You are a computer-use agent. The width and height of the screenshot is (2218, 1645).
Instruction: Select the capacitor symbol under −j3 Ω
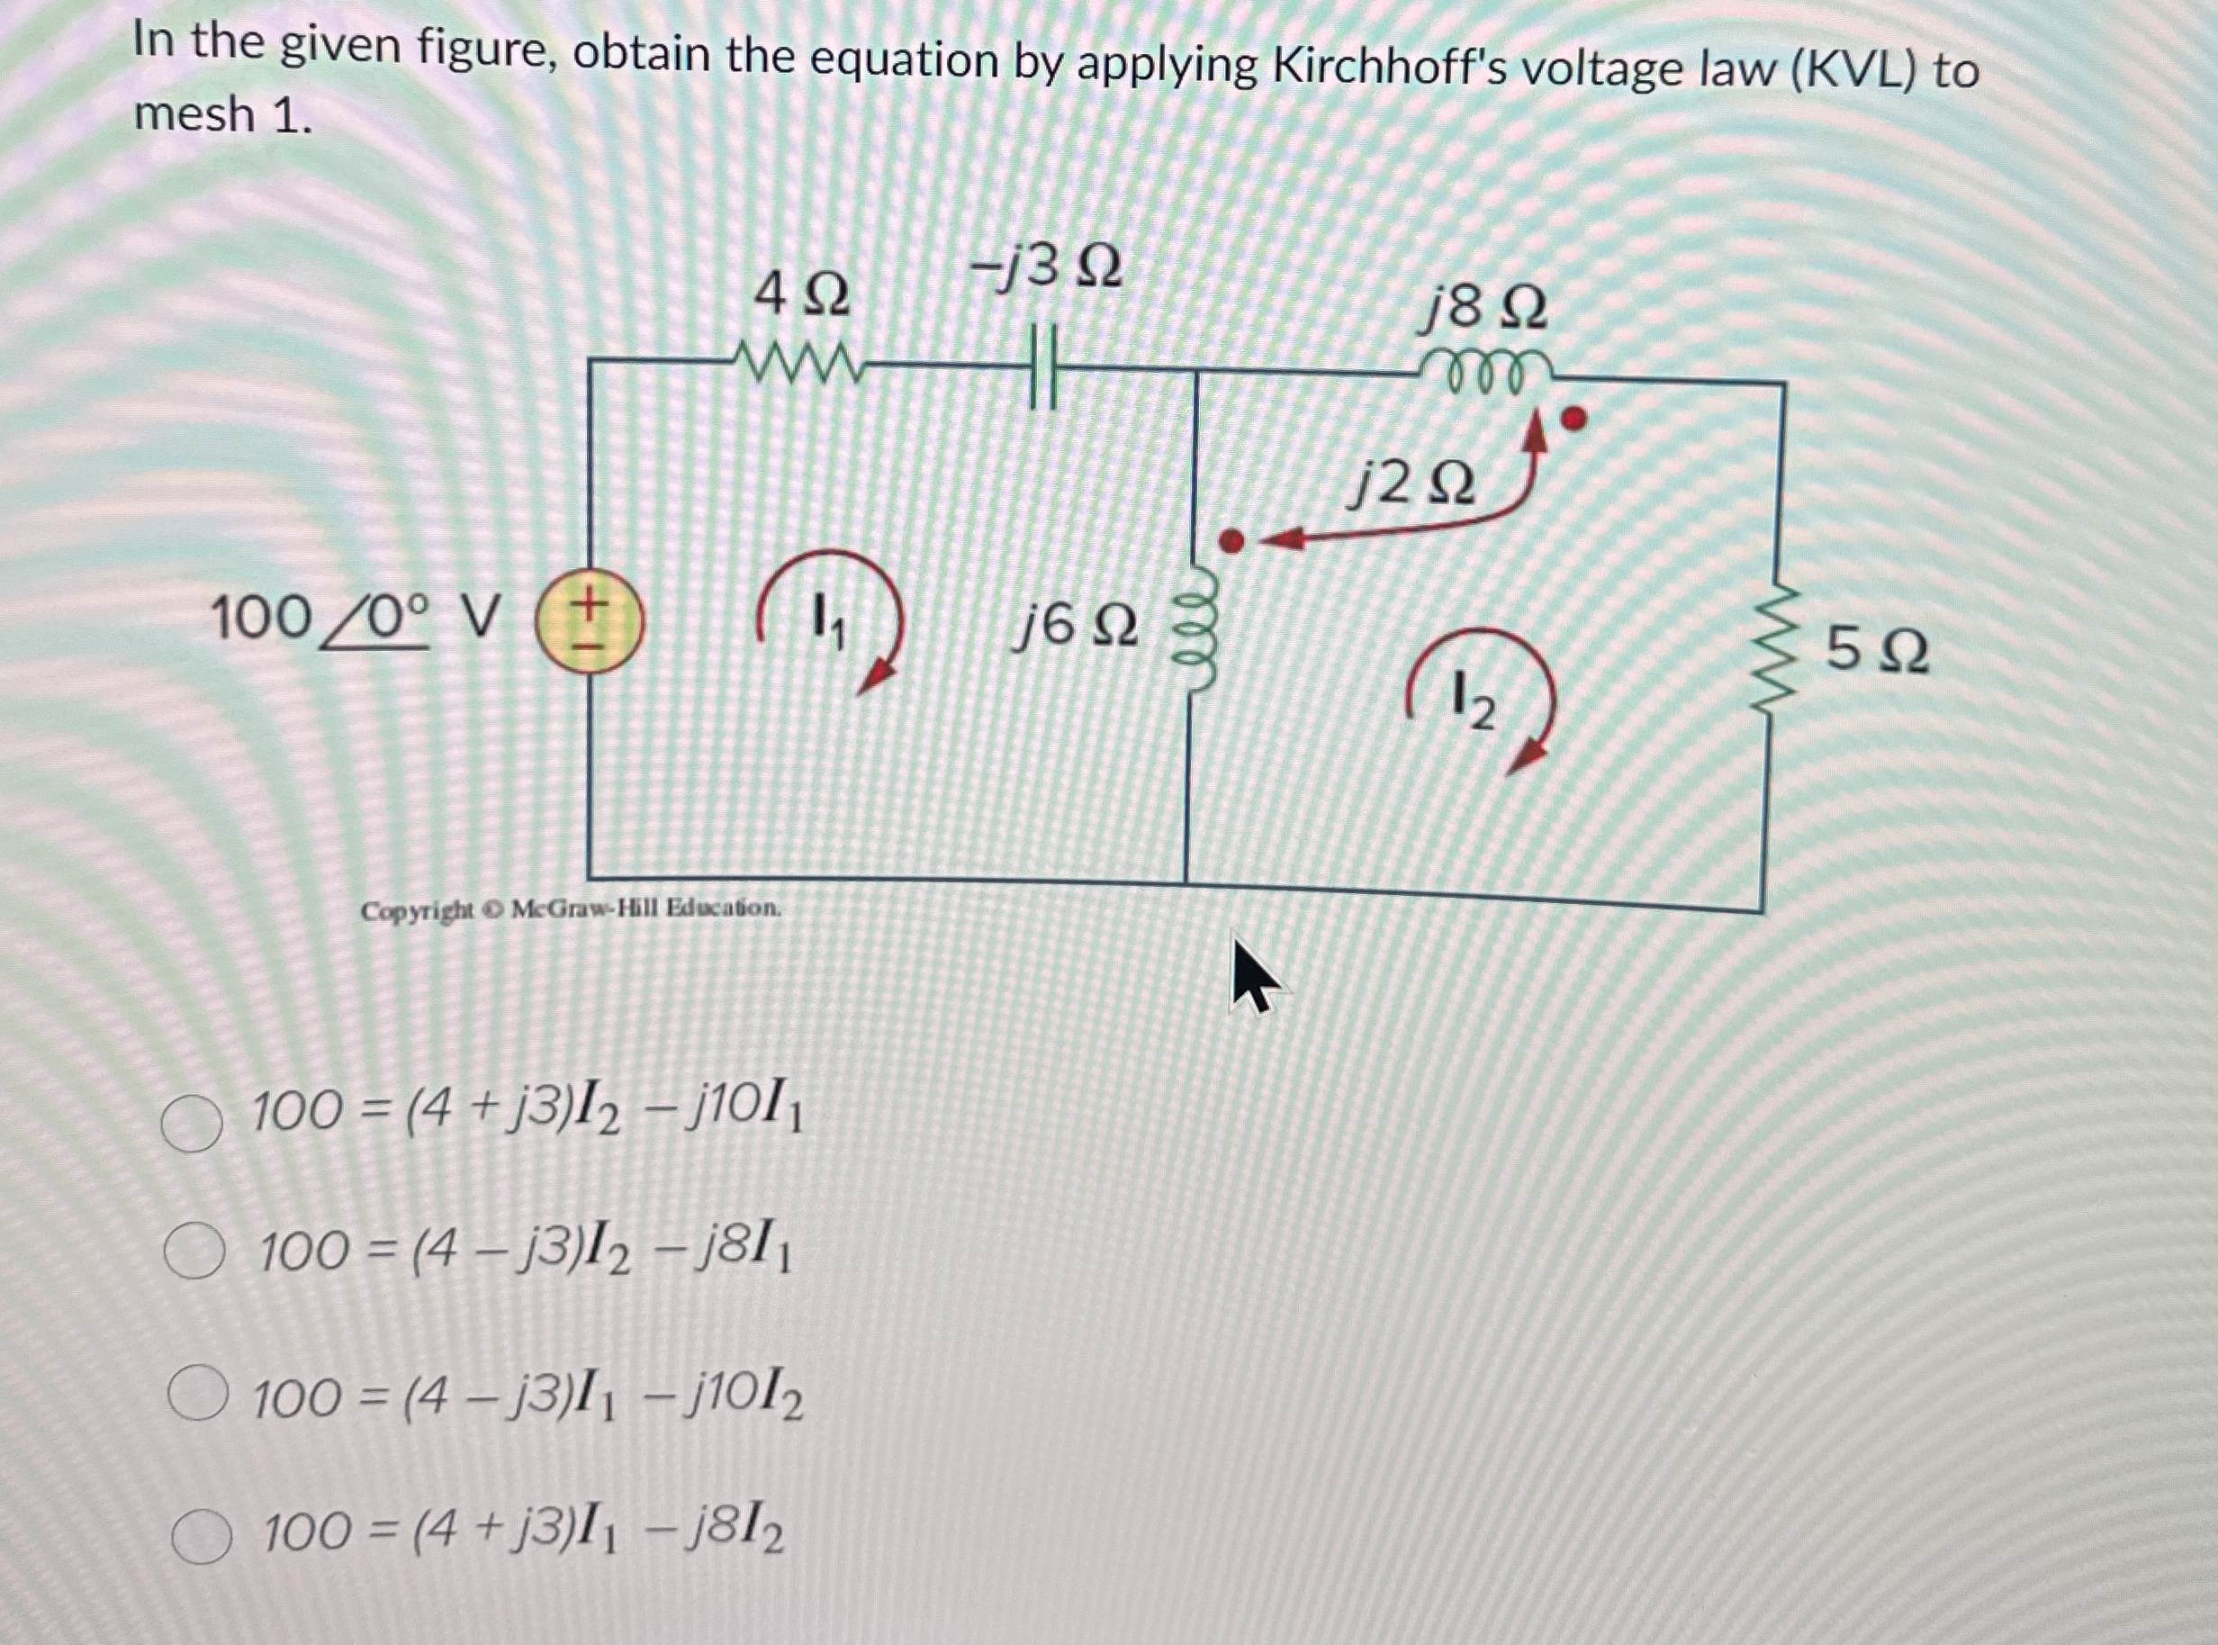(1042, 368)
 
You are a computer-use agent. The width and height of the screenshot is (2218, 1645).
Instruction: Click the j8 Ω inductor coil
(1486, 370)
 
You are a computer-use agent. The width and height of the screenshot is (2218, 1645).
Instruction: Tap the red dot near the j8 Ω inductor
(1573, 420)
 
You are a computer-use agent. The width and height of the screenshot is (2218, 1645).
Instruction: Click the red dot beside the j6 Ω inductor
(1231, 541)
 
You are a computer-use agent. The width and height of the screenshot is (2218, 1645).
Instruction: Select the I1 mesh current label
(827, 621)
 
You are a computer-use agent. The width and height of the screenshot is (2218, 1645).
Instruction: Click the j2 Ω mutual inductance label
(1411, 485)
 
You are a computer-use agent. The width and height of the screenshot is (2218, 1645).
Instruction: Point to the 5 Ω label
(1878, 652)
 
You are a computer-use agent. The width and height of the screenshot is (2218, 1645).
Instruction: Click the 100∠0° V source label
(354, 619)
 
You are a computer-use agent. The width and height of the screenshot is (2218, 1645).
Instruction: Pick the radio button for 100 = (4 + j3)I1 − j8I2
(201, 1535)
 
